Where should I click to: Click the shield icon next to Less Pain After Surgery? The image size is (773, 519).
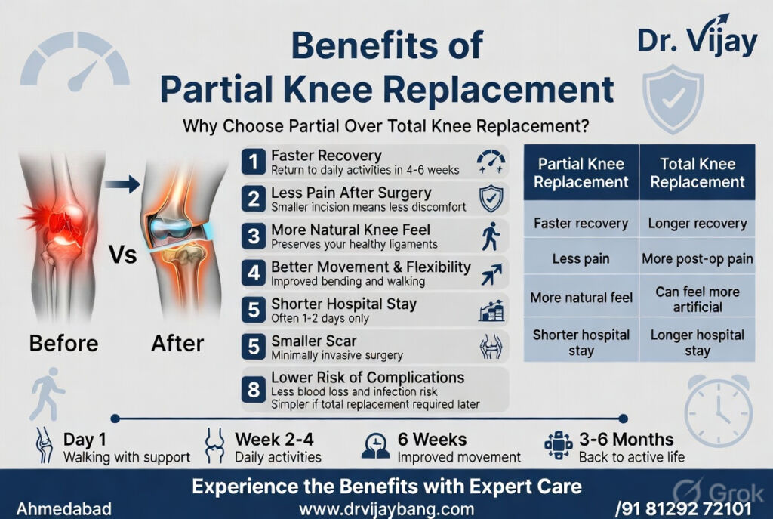pos(491,198)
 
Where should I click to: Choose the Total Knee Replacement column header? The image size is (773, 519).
pos(697,173)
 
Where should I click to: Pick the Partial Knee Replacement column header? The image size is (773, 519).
pos(580,173)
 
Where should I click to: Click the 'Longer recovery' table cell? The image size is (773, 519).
pos(697,223)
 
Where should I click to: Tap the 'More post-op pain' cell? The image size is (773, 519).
pos(697,258)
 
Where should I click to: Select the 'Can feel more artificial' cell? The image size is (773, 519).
pos(697,299)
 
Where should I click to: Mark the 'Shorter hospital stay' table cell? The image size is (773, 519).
pos(580,342)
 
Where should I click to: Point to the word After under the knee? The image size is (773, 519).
pos(177,343)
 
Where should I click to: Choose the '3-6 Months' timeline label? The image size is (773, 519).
pos(626,439)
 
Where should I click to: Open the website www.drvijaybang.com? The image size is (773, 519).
pos(386,509)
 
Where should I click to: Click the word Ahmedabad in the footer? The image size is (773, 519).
pos(64,508)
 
